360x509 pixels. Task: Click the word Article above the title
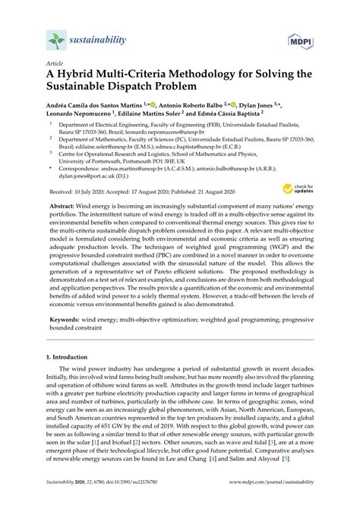(x=55, y=65)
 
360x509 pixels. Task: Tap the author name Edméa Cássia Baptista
(x=239, y=117)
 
